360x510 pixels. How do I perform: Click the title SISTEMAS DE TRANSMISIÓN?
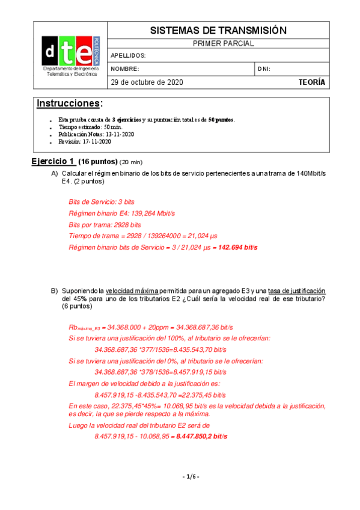click(218, 31)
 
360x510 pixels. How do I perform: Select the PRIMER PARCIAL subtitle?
click(218, 44)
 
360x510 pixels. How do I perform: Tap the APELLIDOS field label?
click(129, 56)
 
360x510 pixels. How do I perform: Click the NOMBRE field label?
click(125, 69)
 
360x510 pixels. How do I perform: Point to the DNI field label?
click(264, 69)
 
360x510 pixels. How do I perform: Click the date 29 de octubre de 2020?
click(147, 82)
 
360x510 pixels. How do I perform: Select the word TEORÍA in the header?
click(311, 82)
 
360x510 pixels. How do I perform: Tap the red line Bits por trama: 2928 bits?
click(106, 224)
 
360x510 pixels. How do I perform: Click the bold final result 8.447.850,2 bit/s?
click(201, 436)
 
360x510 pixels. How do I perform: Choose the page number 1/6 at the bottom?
click(190, 477)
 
